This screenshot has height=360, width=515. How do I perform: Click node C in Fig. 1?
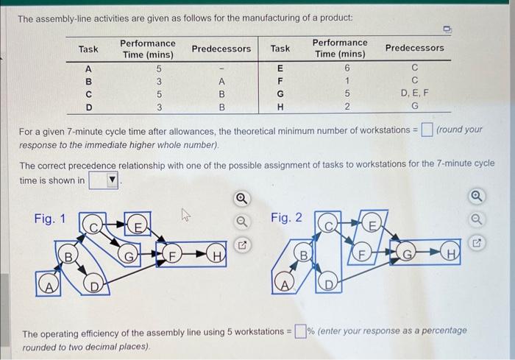[x=94, y=221]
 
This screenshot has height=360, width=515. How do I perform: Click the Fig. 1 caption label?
[x=49, y=218]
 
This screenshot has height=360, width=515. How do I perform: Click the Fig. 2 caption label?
[x=286, y=218]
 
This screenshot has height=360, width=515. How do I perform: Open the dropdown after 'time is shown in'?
[x=104, y=180]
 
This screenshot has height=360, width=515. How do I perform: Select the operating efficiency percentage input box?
[x=301, y=330]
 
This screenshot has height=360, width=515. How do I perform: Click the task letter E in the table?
[x=280, y=68]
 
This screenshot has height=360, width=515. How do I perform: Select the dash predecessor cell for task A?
[x=221, y=68]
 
